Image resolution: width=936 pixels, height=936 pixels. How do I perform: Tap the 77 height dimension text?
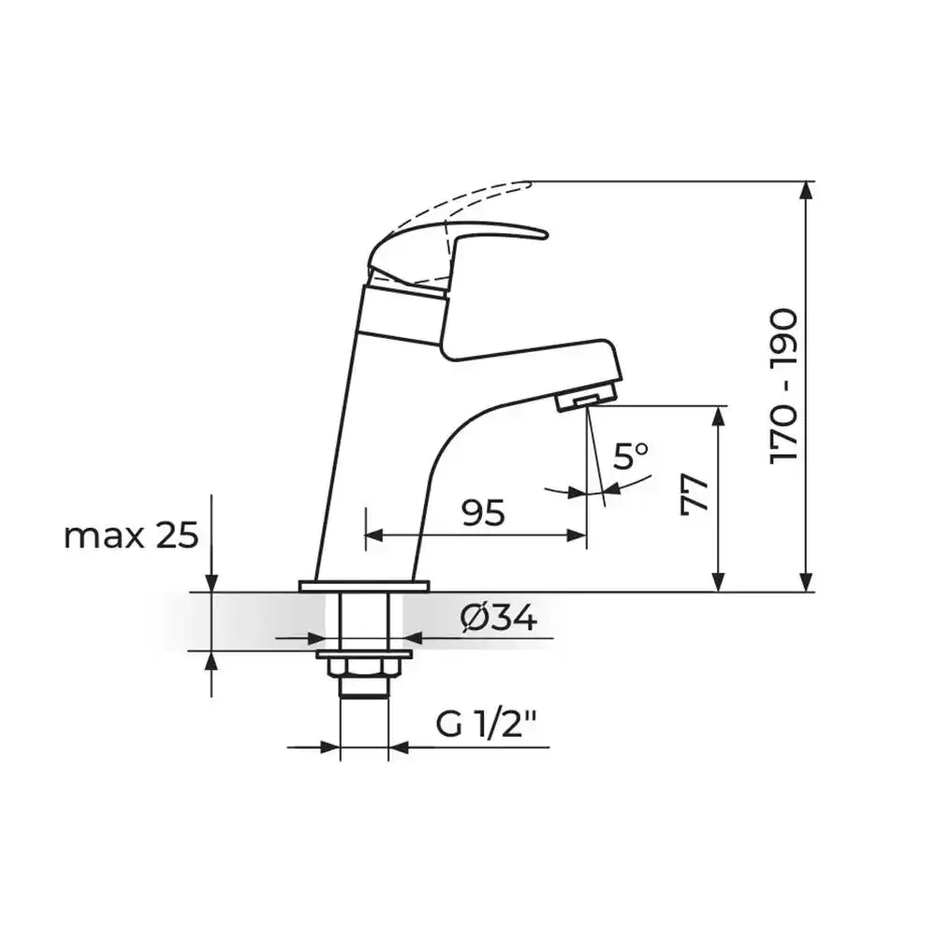(x=695, y=495)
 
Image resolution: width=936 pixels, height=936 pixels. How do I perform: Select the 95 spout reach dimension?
(x=484, y=512)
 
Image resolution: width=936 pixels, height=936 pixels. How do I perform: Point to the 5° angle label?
(x=630, y=457)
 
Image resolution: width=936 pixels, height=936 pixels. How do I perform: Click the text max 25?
(x=131, y=535)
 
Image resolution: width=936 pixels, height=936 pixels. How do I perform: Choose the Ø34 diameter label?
(x=499, y=618)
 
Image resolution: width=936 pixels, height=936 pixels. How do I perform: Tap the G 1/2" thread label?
(x=486, y=724)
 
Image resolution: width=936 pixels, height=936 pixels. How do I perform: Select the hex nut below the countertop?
(x=364, y=668)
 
